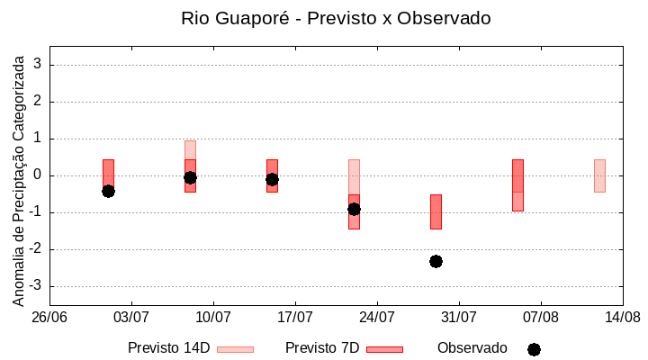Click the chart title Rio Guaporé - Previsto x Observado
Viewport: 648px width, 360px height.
pyautogui.click(x=336, y=18)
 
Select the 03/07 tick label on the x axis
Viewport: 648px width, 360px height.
pyautogui.click(x=131, y=317)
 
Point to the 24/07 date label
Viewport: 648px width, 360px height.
pyautogui.click(x=377, y=317)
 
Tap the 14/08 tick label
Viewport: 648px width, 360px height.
pyautogui.click(x=622, y=317)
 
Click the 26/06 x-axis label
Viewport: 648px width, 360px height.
pyautogui.click(x=49, y=317)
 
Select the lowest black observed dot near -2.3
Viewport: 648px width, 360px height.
pyautogui.click(x=436, y=261)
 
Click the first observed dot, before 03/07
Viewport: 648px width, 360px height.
pyautogui.click(x=108, y=191)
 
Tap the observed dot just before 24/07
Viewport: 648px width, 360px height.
pyautogui.click(x=354, y=209)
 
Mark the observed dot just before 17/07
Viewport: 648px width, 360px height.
pyautogui.click(x=272, y=180)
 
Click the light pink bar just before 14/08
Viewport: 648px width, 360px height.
pyautogui.click(x=599, y=175)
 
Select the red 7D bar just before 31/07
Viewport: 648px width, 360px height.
pyautogui.click(x=436, y=211)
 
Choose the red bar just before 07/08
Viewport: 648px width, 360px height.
pyautogui.click(x=517, y=184)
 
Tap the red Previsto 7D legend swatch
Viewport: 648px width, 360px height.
pyautogui.click(x=384, y=349)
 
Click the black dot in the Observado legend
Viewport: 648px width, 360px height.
pyautogui.click(x=534, y=349)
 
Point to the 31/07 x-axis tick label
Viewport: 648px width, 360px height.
pyautogui.click(x=459, y=317)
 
